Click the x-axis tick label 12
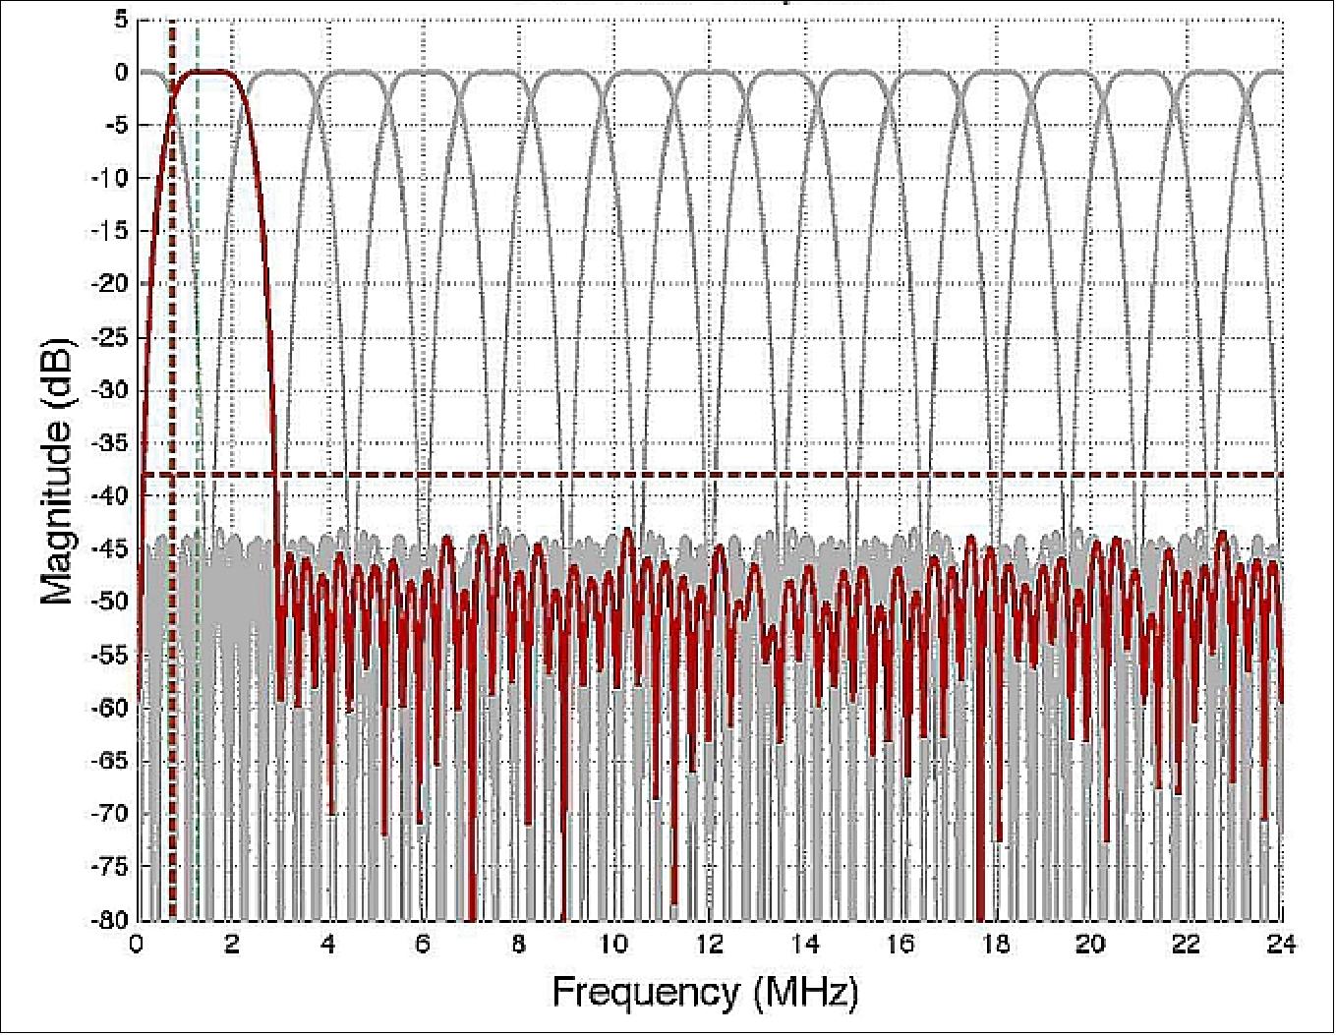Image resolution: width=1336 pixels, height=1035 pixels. point(709,945)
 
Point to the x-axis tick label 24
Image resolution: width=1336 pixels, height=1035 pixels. point(1281,945)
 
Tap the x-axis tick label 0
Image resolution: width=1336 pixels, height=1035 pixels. point(137,945)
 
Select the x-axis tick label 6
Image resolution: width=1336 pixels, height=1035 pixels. point(423,945)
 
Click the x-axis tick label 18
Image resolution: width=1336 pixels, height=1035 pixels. point(995,945)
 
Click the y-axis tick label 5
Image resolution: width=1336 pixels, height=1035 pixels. point(120,20)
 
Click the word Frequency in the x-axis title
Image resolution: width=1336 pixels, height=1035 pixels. point(644,992)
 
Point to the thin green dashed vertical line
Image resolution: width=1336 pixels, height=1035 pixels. point(198,295)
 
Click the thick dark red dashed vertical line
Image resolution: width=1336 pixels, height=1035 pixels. point(172,295)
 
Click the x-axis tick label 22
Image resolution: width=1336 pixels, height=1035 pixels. point(1186,945)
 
